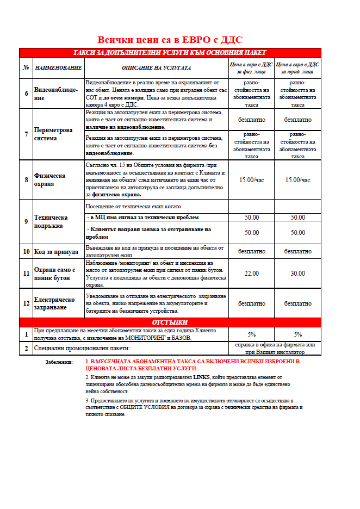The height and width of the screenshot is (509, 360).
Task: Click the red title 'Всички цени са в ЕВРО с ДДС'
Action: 170,40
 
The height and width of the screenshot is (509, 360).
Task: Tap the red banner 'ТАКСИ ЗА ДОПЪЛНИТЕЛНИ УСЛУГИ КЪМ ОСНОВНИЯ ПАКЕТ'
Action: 170,53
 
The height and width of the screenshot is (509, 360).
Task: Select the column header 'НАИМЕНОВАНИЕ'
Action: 58,68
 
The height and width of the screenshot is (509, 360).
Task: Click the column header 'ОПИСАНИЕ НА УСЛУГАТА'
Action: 156,68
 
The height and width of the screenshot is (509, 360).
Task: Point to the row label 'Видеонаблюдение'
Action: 56,94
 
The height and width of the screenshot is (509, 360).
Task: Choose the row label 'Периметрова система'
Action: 53,134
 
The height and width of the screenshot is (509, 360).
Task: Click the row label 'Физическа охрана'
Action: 50,180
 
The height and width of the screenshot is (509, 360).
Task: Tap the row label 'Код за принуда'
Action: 56,251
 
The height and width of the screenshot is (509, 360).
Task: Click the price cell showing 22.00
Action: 251,273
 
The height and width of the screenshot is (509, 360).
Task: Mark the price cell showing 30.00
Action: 297,273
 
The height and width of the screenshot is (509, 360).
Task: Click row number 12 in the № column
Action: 26,303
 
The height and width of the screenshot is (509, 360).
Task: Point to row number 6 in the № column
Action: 26,94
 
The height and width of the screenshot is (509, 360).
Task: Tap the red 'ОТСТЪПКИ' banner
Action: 170,322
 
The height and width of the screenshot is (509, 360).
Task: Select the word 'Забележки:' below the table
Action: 59,362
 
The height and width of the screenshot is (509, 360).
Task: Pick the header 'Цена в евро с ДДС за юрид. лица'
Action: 297,68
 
